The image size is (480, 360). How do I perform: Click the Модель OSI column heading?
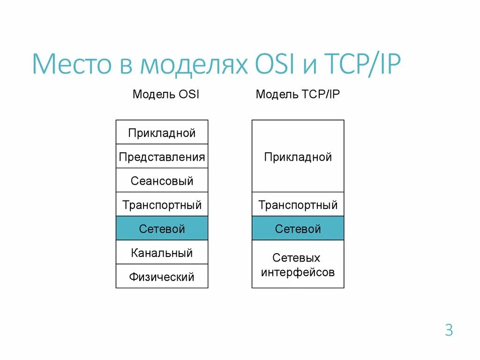click(x=166, y=94)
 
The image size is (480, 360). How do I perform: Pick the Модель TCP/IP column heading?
click(x=298, y=94)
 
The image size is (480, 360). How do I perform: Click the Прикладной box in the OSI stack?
click(x=162, y=133)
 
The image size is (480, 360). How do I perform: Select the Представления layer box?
click(x=162, y=157)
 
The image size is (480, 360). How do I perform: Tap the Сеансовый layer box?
click(x=162, y=181)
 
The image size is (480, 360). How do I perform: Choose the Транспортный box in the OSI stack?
click(x=162, y=205)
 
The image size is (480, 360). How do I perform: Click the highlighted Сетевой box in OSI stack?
click(x=162, y=229)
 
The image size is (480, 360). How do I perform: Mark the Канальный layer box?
click(x=162, y=253)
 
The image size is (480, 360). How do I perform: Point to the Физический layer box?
click(x=162, y=277)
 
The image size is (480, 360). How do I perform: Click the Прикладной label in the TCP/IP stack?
click(x=298, y=157)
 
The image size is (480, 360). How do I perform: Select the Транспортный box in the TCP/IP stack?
click(x=298, y=205)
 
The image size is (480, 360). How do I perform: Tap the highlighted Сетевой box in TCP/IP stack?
click(x=298, y=229)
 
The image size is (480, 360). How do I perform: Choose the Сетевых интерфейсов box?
click(x=298, y=264)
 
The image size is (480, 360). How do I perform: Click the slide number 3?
click(x=449, y=330)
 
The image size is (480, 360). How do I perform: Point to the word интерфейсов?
click(x=298, y=272)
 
